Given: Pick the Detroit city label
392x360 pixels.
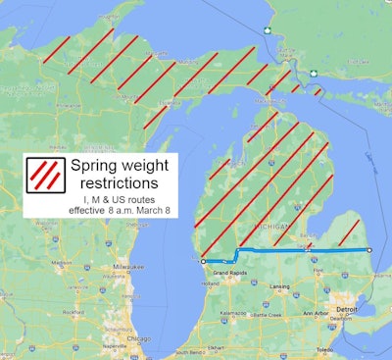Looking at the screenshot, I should pyautogui.click(x=343, y=309).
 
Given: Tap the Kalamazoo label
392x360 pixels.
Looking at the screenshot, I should pyautogui.click(x=233, y=313).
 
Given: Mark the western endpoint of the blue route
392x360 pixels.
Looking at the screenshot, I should pyautogui.click(x=203, y=262).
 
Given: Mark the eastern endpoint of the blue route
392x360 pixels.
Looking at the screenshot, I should pyautogui.click(x=369, y=250).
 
